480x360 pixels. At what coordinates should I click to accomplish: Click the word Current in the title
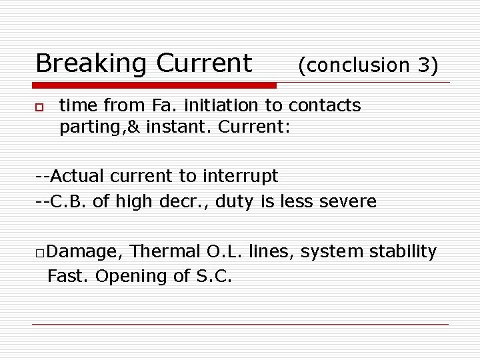[x=204, y=64]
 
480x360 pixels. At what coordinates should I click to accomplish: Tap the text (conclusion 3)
[x=368, y=65]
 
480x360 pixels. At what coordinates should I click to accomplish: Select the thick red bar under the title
[x=155, y=85]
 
